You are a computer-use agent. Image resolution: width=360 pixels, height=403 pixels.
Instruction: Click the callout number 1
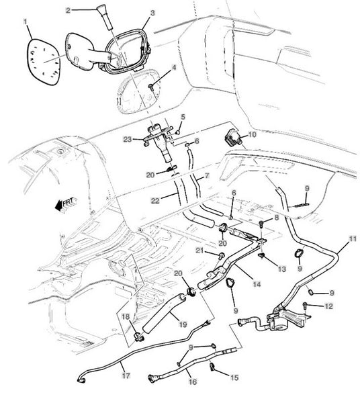point(25,22)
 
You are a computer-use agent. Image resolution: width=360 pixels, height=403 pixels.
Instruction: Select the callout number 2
point(68,10)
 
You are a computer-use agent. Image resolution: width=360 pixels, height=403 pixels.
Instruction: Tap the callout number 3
point(152,13)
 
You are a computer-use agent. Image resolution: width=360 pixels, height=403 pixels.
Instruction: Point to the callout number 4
point(174,68)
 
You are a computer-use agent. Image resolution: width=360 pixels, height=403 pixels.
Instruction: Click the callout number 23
point(128,140)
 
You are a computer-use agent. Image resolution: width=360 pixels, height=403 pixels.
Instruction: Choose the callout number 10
point(252,134)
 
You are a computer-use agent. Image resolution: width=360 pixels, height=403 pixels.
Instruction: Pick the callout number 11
point(353,238)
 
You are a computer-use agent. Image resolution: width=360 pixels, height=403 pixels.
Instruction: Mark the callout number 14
point(257,283)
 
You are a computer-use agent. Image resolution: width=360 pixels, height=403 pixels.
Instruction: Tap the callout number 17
point(126,375)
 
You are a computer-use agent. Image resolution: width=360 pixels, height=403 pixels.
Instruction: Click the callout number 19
point(183,324)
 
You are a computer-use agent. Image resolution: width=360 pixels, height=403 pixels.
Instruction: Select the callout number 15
point(234,377)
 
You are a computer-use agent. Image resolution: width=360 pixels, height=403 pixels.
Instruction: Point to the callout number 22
point(155,200)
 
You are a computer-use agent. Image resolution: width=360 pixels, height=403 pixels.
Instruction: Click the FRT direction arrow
point(65,203)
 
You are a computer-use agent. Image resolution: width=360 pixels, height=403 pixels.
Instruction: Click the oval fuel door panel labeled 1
point(44,62)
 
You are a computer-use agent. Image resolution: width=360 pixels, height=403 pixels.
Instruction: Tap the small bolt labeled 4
point(151,87)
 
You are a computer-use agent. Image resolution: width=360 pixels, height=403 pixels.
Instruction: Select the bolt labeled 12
point(305,306)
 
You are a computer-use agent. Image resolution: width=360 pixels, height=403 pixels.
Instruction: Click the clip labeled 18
point(138,337)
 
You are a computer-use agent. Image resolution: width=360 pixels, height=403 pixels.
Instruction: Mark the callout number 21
point(200,251)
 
